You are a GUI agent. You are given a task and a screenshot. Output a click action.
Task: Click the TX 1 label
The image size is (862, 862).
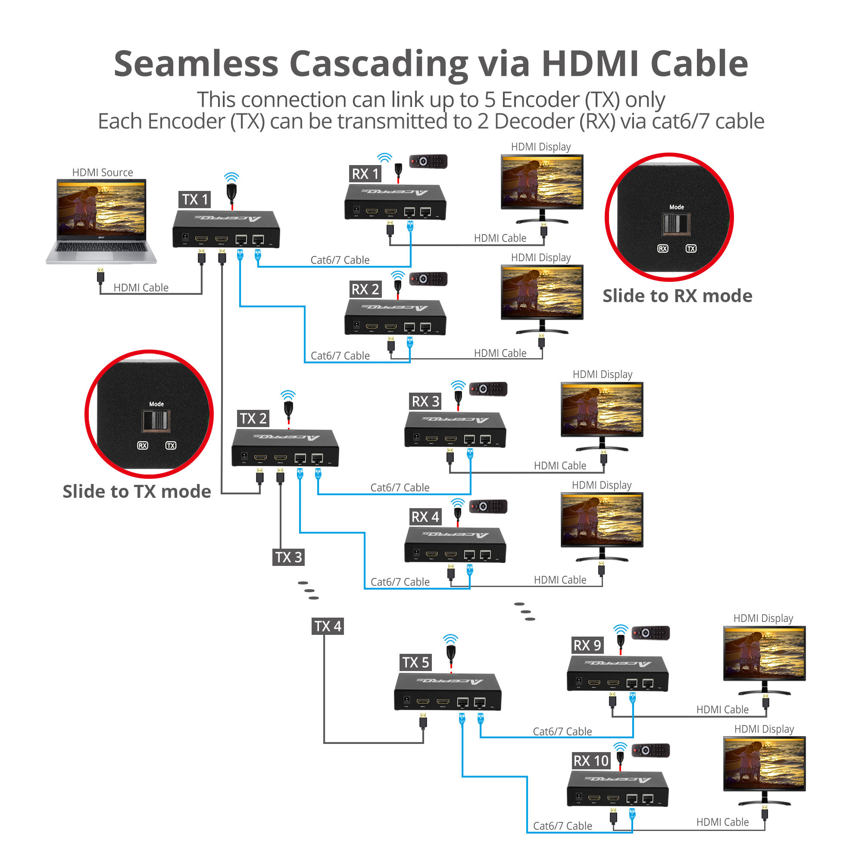[195, 200]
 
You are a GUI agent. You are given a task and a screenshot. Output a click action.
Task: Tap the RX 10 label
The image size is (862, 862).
[591, 760]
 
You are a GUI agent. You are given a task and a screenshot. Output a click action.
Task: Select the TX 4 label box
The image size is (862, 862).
[328, 626]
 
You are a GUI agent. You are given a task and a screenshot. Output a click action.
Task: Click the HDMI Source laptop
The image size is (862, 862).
[101, 221]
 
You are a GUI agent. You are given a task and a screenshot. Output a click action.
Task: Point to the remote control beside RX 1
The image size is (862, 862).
[428, 161]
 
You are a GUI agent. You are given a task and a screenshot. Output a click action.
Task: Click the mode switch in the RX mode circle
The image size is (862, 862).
[675, 224]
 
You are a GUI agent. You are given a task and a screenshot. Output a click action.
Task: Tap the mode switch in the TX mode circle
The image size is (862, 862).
[156, 420]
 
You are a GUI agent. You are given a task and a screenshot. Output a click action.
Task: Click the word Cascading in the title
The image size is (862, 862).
[378, 64]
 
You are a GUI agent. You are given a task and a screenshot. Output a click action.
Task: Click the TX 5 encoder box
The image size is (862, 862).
[447, 692]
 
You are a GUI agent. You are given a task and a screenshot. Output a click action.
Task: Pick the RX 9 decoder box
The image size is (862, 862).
[617, 674]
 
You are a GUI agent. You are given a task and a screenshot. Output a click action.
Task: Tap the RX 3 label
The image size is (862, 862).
[425, 401]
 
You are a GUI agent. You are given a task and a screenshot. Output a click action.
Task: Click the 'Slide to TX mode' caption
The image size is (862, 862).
[137, 491]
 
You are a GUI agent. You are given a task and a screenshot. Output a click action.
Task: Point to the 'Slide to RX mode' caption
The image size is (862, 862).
[677, 296]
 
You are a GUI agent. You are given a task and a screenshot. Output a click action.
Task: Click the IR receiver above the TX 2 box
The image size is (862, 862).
[288, 408]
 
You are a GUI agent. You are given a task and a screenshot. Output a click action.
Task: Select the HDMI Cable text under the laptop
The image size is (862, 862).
[141, 287]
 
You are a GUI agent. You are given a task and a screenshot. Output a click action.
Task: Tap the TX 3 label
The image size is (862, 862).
[288, 557]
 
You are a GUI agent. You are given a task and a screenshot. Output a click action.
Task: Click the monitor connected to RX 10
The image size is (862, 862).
[764, 769]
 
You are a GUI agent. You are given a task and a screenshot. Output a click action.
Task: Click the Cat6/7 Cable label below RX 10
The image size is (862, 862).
[562, 825]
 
